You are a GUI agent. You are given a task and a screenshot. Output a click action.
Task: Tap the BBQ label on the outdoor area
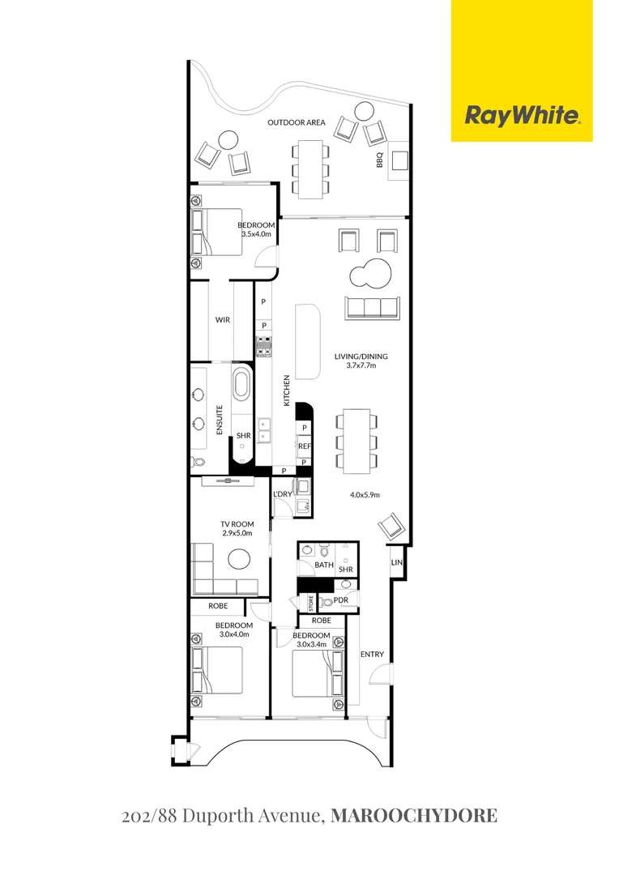(378, 162)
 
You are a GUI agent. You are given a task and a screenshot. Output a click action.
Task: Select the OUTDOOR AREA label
(297, 122)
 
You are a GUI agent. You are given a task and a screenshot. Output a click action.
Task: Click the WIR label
(222, 320)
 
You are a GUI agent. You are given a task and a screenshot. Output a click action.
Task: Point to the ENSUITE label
(220, 420)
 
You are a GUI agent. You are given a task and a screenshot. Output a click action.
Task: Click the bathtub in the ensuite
(241, 384)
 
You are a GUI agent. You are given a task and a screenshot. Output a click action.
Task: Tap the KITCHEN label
(286, 390)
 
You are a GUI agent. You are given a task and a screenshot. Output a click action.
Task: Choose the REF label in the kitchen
(304, 445)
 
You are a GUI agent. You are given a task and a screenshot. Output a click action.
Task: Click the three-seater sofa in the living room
(372, 307)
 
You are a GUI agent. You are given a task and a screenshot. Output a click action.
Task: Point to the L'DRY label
(282, 494)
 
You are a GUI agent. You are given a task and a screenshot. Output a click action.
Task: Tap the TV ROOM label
(237, 524)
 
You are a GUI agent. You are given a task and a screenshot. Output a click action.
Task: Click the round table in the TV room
(239, 559)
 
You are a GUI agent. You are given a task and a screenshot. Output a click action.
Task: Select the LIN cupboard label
(397, 562)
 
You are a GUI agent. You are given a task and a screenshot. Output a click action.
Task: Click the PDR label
(340, 600)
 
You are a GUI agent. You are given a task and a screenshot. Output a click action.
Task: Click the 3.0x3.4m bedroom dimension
(311, 645)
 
